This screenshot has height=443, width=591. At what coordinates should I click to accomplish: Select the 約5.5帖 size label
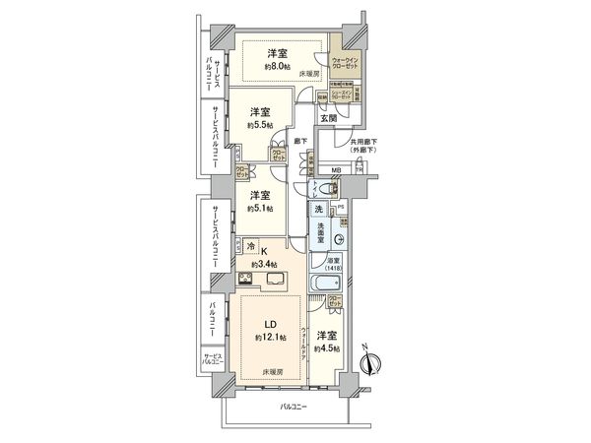click(x=259, y=125)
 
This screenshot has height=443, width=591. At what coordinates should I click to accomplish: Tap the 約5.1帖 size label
click(x=259, y=208)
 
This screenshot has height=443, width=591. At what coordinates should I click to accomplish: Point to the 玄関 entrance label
click(x=327, y=119)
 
